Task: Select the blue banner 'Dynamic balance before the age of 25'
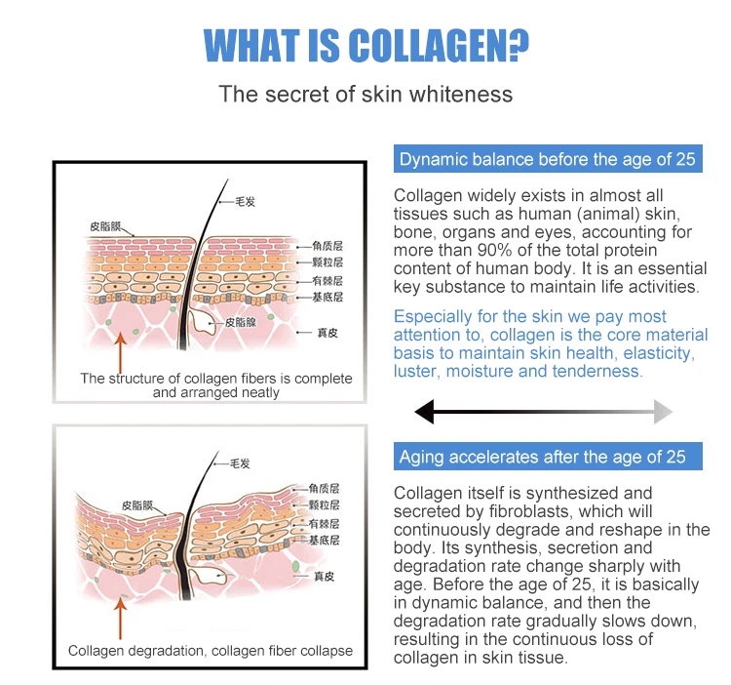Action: pos(548,160)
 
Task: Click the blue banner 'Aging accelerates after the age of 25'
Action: pos(543,457)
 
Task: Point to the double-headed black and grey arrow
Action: pos(543,412)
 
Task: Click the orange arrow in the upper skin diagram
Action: pos(120,350)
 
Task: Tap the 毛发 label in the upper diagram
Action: pos(244,202)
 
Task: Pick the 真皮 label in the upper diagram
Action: pos(327,333)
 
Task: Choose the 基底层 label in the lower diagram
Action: pos(324,540)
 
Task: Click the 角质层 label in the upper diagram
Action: pos(327,247)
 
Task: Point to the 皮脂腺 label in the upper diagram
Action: pos(241,321)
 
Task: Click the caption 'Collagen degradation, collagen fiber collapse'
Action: pos(211,651)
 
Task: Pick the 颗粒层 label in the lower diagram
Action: pos(324,504)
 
